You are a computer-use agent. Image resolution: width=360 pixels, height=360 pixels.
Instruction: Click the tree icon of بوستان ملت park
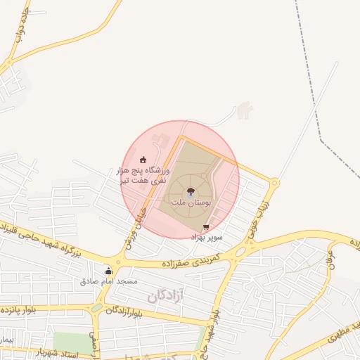click(x=190, y=191)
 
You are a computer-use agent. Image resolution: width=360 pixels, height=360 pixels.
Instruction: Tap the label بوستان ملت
click(x=190, y=203)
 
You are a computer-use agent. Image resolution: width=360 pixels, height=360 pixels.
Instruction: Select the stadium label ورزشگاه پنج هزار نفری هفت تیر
click(x=143, y=175)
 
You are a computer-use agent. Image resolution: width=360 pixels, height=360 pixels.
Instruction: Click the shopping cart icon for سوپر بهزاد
click(x=205, y=227)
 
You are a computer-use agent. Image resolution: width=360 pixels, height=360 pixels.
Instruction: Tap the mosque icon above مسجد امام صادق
click(x=108, y=271)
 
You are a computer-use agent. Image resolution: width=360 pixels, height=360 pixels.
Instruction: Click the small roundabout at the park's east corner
click(x=274, y=184)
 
